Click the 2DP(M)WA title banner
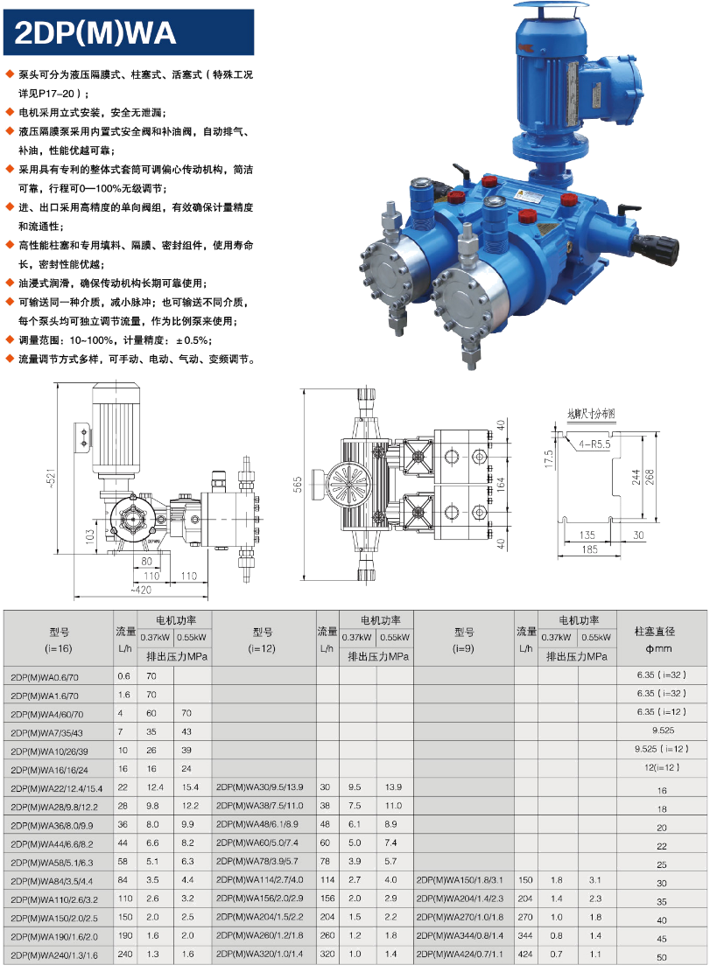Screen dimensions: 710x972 click(x=129, y=32)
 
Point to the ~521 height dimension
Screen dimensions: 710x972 click(x=52, y=478)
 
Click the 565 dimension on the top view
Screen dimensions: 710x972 click(x=299, y=485)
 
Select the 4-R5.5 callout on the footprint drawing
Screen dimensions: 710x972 click(x=594, y=444)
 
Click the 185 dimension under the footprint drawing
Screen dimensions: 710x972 click(x=589, y=549)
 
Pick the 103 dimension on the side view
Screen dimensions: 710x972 click(x=90, y=537)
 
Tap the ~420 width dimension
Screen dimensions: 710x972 click(x=141, y=590)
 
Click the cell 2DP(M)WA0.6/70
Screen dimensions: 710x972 click(x=45, y=677)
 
